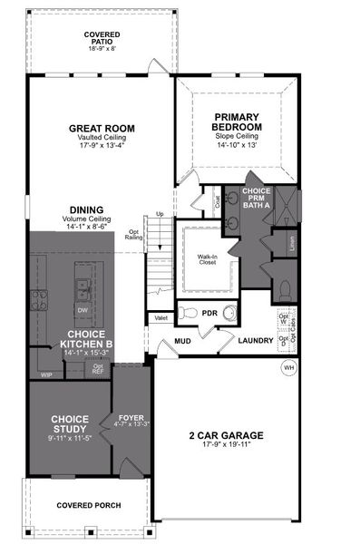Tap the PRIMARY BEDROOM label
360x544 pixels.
pos(238,121)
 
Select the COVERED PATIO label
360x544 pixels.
pos(102,37)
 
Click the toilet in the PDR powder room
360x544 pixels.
pos(188,312)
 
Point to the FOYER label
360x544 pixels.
pos(132,419)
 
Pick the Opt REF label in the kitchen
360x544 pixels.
pos(99,368)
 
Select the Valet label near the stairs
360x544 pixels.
pos(161,318)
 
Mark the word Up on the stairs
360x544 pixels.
pos(161,215)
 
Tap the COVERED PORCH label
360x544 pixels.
pos(89,504)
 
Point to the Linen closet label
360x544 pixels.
pos(291,243)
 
